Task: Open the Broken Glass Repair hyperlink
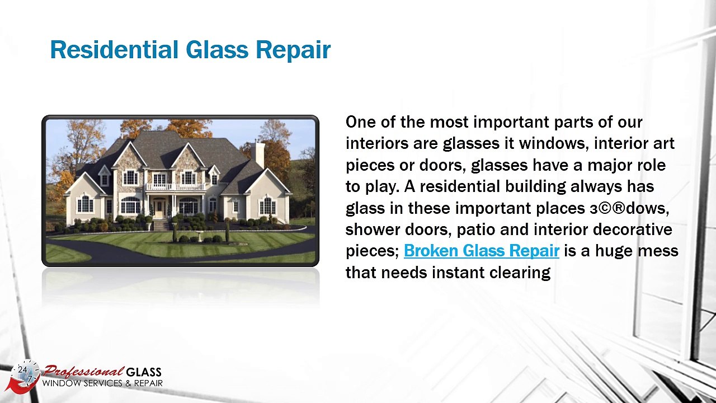tap(481, 251)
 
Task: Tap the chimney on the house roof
tap(258, 154)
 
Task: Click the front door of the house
tap(160, 208)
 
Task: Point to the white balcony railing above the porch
tap(167, 186)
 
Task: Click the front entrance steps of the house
tap(161, 225)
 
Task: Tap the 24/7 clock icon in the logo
tap(26, 373)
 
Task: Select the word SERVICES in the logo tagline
tap(105, 383)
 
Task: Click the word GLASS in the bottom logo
tap(144, 372)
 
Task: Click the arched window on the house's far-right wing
tap(267, 205)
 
